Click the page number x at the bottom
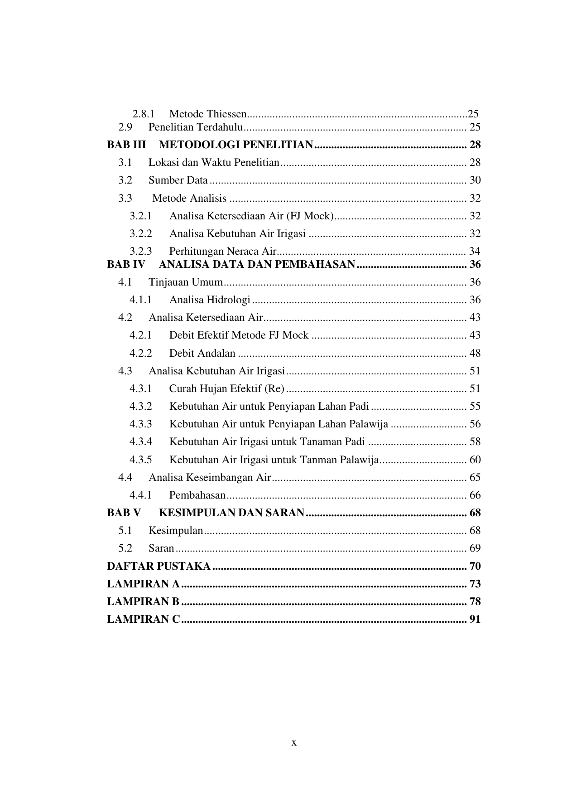pos(294,743)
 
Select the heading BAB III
pos(126,145)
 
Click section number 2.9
pos(125,127)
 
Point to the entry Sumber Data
pos(178,180)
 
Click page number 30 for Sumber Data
pos(475,180)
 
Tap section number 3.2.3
pos(140,251)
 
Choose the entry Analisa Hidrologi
pos(210,300)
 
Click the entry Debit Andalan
pos(202,354)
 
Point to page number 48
pos(475,354)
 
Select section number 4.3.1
pos(140,389)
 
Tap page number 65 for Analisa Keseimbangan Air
pos(475,478)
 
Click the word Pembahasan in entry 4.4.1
pos(197,495)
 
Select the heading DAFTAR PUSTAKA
pos(159,567)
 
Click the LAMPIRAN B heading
pos(143,602)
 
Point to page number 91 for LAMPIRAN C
pos(475,620)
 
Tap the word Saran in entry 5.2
pos(161,548)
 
